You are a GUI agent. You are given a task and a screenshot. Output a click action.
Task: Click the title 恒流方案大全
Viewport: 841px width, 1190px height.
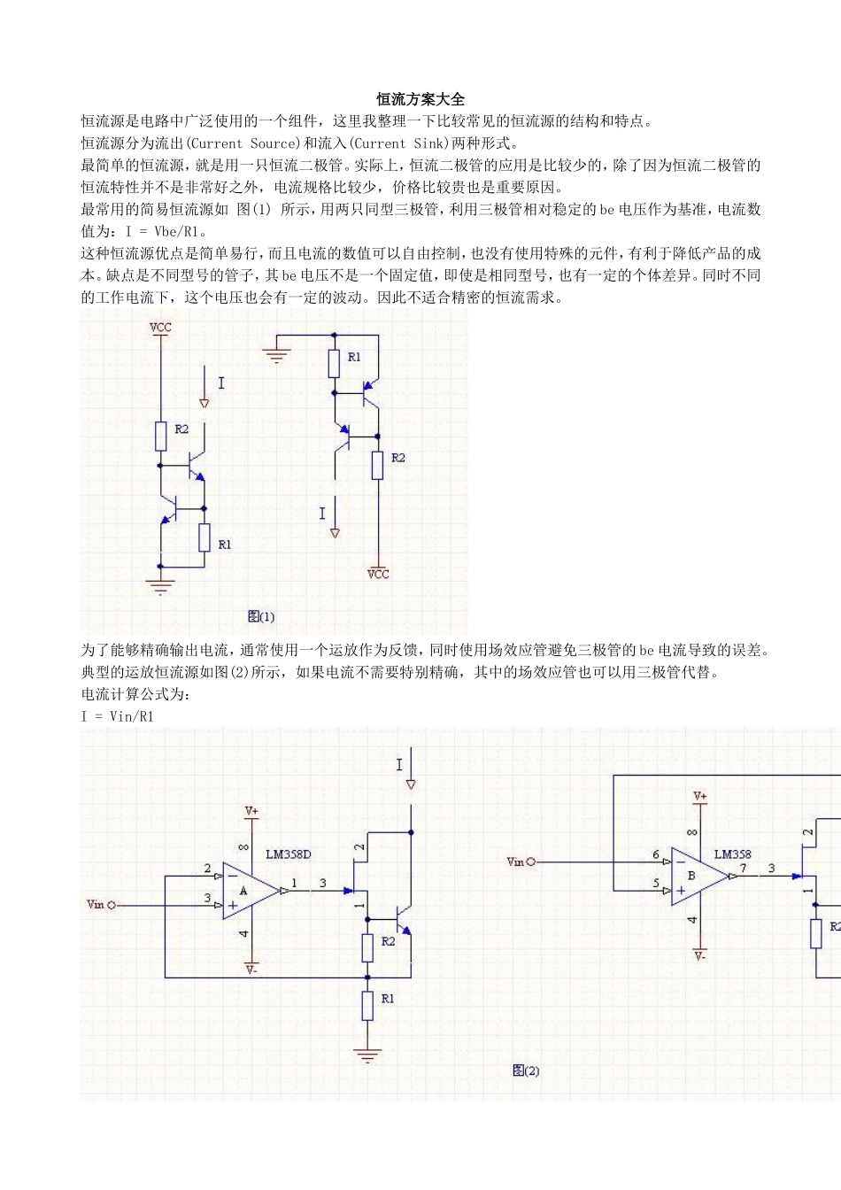420,99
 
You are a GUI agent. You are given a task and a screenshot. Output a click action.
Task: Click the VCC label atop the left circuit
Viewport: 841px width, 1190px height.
160,328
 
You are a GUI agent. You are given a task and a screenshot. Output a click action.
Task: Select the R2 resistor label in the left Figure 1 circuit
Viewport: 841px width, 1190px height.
181,429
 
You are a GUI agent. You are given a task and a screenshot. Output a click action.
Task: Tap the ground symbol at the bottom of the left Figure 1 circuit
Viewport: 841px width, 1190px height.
160,586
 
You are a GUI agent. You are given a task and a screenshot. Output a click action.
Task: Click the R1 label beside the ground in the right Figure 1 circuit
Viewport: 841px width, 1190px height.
354,358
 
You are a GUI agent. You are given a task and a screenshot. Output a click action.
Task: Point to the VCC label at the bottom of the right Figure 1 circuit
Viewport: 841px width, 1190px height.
378,575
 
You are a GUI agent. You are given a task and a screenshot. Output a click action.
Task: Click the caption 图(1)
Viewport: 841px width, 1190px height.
261,617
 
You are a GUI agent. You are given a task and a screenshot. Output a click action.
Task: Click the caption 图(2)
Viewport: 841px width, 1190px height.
526,1071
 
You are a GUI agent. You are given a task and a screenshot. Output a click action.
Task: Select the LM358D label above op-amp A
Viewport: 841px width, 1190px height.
289,854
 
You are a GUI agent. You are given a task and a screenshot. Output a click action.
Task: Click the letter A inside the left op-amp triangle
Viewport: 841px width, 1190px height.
243,891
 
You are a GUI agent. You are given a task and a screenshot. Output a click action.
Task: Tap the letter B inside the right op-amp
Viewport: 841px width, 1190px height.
691,876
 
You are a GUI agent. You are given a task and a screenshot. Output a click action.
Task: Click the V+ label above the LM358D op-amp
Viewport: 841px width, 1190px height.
251,811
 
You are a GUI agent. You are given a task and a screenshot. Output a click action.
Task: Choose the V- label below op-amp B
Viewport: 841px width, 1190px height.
700,956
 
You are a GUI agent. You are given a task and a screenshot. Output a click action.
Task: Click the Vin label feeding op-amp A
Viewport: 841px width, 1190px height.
96,905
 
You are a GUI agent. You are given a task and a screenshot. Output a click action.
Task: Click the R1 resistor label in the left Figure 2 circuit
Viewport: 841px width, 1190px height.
388,999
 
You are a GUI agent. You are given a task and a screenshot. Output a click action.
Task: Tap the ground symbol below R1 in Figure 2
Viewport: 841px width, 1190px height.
366,1055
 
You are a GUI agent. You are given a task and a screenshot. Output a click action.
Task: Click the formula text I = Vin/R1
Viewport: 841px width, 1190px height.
118,716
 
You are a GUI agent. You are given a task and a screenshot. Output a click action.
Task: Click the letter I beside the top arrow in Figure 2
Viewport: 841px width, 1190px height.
399,765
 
